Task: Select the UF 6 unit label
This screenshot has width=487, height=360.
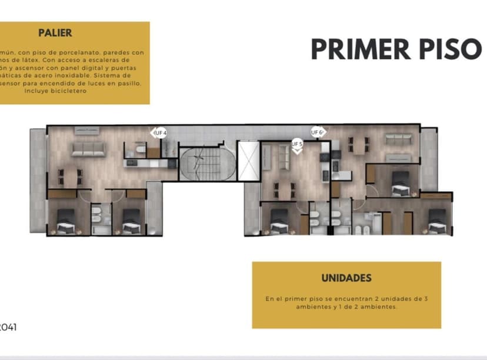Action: [318, 133]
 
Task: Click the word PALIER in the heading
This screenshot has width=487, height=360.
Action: [55, 34]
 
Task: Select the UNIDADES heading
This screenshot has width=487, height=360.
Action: [346, 278]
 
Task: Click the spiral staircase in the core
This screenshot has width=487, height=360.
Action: [199, 164]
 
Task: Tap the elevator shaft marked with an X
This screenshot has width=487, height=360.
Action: [247, 160]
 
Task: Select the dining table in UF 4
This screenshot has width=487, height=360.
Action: [69, 175]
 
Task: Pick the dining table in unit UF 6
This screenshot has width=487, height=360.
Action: [358, 144]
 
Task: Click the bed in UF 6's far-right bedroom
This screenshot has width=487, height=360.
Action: [438, 224]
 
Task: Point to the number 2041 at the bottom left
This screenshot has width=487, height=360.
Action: [8, 327]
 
